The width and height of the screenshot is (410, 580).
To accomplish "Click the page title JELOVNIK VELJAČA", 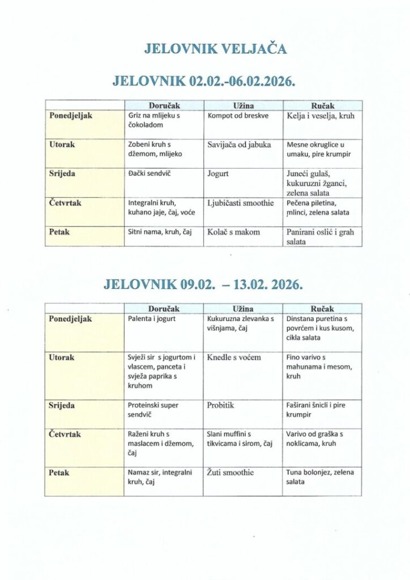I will (x=215, y=49).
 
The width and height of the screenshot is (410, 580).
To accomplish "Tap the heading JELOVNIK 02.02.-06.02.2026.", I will (x=204, y=81).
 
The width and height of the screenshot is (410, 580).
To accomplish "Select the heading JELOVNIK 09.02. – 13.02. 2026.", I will (x=203, y=284).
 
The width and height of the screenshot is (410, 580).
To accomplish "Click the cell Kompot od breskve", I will (x=238, y=116).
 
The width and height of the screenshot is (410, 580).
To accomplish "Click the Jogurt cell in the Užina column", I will (x=218, y=173).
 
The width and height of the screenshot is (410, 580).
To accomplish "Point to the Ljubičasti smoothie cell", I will (x=240, y=203).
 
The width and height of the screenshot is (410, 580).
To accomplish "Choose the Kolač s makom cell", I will (x=234, y=232).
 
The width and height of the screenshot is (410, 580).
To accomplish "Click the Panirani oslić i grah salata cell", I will (x=322, y=236).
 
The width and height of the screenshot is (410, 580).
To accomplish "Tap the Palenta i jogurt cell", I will (x=152, y=319).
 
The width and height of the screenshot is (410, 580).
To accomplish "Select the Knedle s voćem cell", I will (x=234, y=358).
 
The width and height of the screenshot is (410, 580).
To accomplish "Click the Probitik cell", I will (x=220, y=406).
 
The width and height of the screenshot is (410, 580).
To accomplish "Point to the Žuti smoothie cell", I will (x=230, y=472).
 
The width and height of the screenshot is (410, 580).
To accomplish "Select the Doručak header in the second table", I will (x=164, y=309).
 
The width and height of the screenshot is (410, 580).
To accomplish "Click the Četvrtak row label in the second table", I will (x=66, y=434).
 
